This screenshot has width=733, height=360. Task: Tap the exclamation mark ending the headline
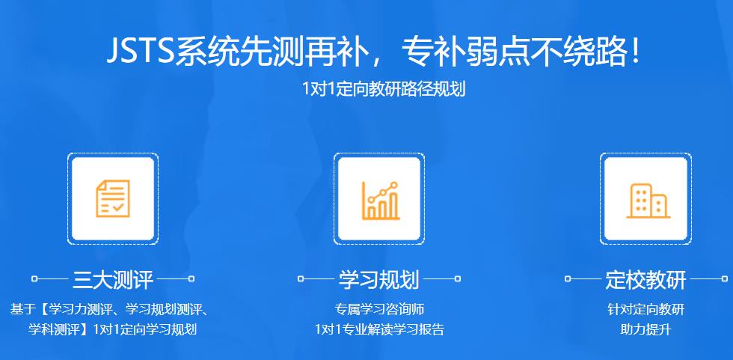pos(635,52)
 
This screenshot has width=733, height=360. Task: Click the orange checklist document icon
pos(112,198)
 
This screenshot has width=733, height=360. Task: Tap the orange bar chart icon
pos(380,199)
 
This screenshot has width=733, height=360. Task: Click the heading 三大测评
pos(113,280)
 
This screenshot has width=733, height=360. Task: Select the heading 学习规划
pos(379,280)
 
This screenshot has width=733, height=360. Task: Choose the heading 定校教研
pos(645,280)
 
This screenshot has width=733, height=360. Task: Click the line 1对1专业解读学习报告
pos(379,329)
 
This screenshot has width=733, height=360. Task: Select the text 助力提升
pos(645,329)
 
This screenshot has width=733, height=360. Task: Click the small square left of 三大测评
pos(34,279)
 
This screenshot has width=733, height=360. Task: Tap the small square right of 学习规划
pos(458,279)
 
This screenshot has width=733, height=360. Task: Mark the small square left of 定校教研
pos(568,279)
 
